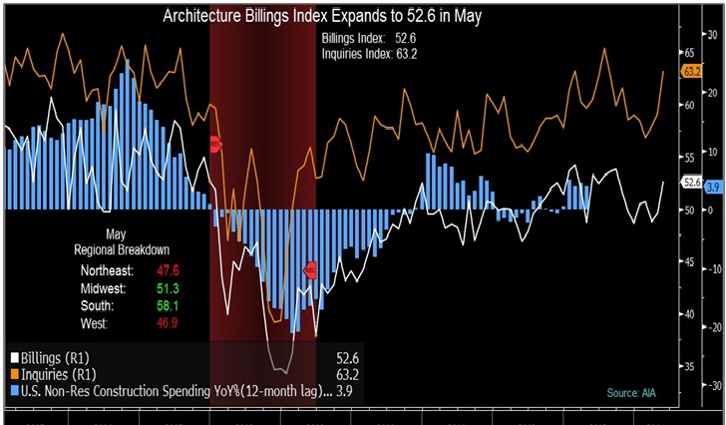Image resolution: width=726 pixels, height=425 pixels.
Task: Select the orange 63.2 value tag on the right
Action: coord(691,72)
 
